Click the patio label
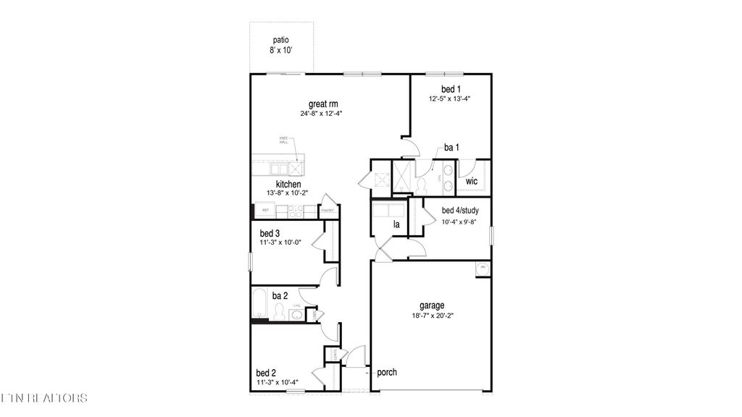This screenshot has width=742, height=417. point(281,40)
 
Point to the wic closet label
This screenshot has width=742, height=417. point(471,181)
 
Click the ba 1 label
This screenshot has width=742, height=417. point(451,148)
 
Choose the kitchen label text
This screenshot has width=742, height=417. point(268,185)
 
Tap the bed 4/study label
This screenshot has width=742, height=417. point(459,211)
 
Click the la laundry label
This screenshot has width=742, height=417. point(396,225)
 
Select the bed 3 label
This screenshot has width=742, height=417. point(270,234)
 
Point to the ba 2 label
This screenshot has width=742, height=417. point(280,295)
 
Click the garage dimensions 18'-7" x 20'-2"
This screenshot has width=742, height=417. point(431,316)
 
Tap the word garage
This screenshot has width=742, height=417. point(431,306)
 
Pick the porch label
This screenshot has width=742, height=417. point(387,373)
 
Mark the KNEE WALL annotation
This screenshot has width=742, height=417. point(283,140)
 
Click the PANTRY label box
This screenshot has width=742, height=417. point(327,211)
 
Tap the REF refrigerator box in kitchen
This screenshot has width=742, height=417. point(264,211)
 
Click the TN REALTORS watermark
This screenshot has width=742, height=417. point(43,397)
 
